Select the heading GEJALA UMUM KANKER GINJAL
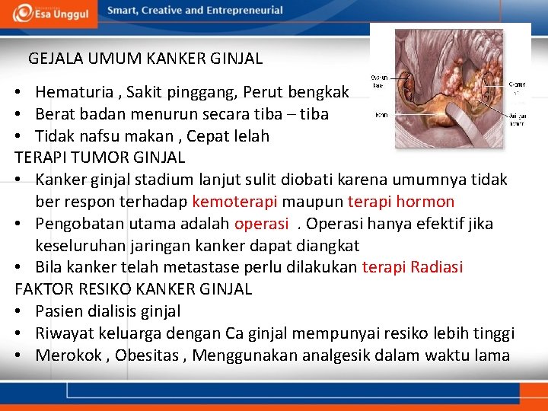(145, 58)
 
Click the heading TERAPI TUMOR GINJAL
(100, 158)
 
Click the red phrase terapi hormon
(401, 202)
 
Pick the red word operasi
(262, 224)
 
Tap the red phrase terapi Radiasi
(413, 267)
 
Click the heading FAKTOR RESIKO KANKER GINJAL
(133, 289)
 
